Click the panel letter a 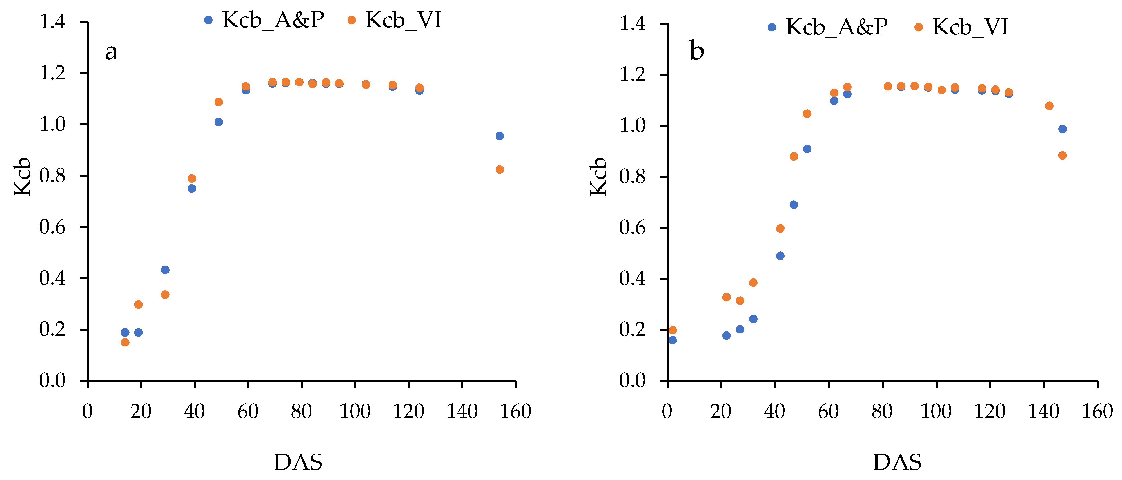(x=112, y=52)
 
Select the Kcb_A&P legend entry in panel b (x=828, y=27)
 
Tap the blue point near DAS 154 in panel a (x=500, y=136)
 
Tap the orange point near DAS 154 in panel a (x=500, y=170)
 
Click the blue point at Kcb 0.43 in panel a (x=165, y=270)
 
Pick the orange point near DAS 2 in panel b (x=673, y=330)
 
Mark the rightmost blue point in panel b (x=1062, y=129)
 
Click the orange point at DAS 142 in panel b (x=1049, y=106)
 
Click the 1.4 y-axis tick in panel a (x=53, y=22)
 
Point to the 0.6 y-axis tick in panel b (x=633, y=227)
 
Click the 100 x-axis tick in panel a (x=355, y=412)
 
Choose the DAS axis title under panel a (x=298, y=462)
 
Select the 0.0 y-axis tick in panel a (x=53, y=381)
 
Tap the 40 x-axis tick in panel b (x=774, y=412)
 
